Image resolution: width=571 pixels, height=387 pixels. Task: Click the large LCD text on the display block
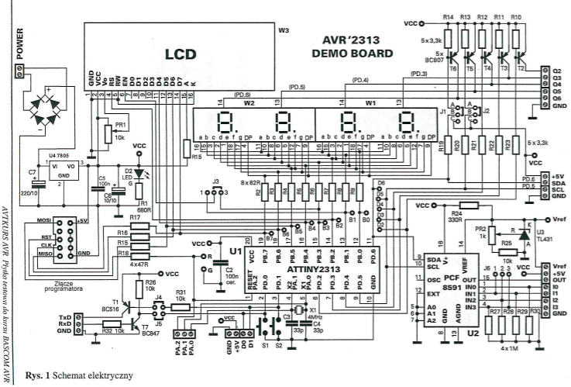point(179,55)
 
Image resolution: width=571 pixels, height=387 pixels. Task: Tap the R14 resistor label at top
point(449,16)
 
